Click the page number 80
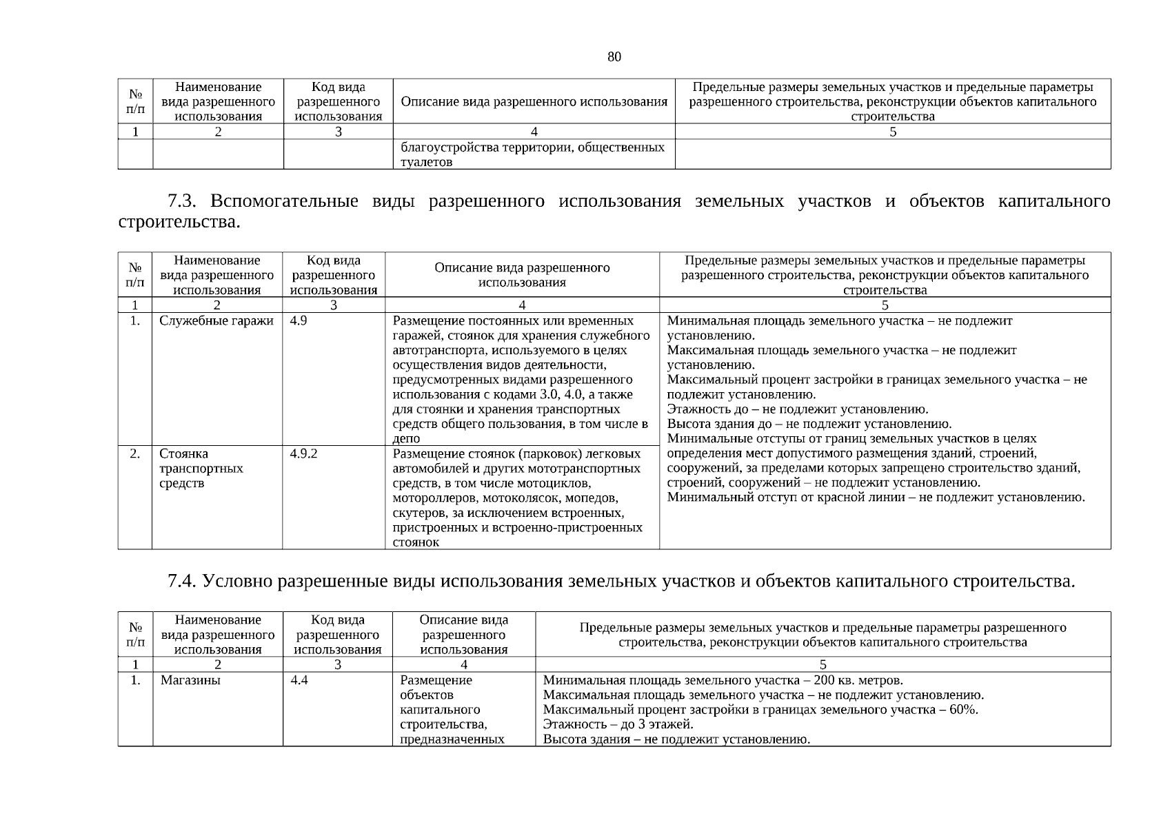click(614, 57)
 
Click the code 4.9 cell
click(299, 321)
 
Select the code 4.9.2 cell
click(303, 454)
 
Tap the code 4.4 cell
click(299, 681)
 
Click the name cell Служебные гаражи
click(216, 321)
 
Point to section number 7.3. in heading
click(182, 201)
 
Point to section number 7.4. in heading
click(182, 582)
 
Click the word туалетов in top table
click(427, 163)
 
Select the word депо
click(406, 439)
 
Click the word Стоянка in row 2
click(183, 454)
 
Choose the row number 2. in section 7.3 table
click(135, 454)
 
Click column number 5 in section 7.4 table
click(823, 665)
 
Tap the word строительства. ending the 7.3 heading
click(180, 223)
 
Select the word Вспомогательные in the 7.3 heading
click(284, 201)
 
